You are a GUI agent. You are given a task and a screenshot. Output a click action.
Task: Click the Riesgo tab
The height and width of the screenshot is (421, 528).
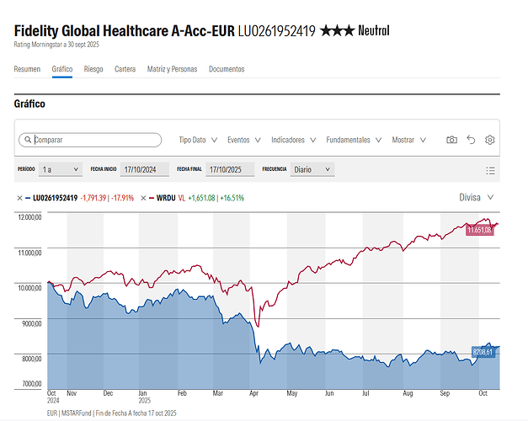[93, 69]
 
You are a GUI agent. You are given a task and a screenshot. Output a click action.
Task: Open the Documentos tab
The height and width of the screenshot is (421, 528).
[227, 69]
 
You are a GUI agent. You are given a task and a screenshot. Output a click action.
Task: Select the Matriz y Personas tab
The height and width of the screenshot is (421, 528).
[172, 69]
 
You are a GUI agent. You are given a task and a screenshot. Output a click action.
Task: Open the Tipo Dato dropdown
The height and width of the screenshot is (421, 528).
[198, 140]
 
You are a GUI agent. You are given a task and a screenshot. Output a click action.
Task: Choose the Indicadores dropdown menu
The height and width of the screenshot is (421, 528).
[294, 140]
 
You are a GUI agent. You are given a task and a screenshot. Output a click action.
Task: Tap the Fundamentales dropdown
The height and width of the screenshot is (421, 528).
[354, 140]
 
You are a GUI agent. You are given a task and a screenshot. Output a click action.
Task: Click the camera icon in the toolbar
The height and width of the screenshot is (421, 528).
[451, 140]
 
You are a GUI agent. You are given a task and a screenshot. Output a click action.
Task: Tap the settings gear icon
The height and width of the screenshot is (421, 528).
[489, 140]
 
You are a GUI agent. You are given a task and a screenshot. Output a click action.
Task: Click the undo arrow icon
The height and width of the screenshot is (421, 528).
[471, 140]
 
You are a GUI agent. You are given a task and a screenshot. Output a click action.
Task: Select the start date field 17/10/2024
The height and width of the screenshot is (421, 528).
[145, 169]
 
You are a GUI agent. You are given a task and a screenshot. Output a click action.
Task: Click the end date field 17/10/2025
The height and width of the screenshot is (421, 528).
[230, 169]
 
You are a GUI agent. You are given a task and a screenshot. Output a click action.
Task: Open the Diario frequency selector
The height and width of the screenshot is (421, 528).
[312, 169]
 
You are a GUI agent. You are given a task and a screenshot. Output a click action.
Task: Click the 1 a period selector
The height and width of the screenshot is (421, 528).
[61, 169]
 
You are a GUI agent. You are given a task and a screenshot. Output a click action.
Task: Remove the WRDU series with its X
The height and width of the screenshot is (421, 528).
[143, 198]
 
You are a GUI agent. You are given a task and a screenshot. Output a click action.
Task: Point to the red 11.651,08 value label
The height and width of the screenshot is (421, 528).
[480, 230]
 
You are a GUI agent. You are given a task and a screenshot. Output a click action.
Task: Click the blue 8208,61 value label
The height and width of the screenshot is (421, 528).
[483, 352]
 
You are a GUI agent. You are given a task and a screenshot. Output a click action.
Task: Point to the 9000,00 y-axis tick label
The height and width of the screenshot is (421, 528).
[32, 323]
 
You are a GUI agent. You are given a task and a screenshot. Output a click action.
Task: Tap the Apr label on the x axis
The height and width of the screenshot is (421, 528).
[254, 393]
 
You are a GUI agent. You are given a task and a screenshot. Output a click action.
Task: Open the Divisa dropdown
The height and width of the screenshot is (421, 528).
[476, 197]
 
